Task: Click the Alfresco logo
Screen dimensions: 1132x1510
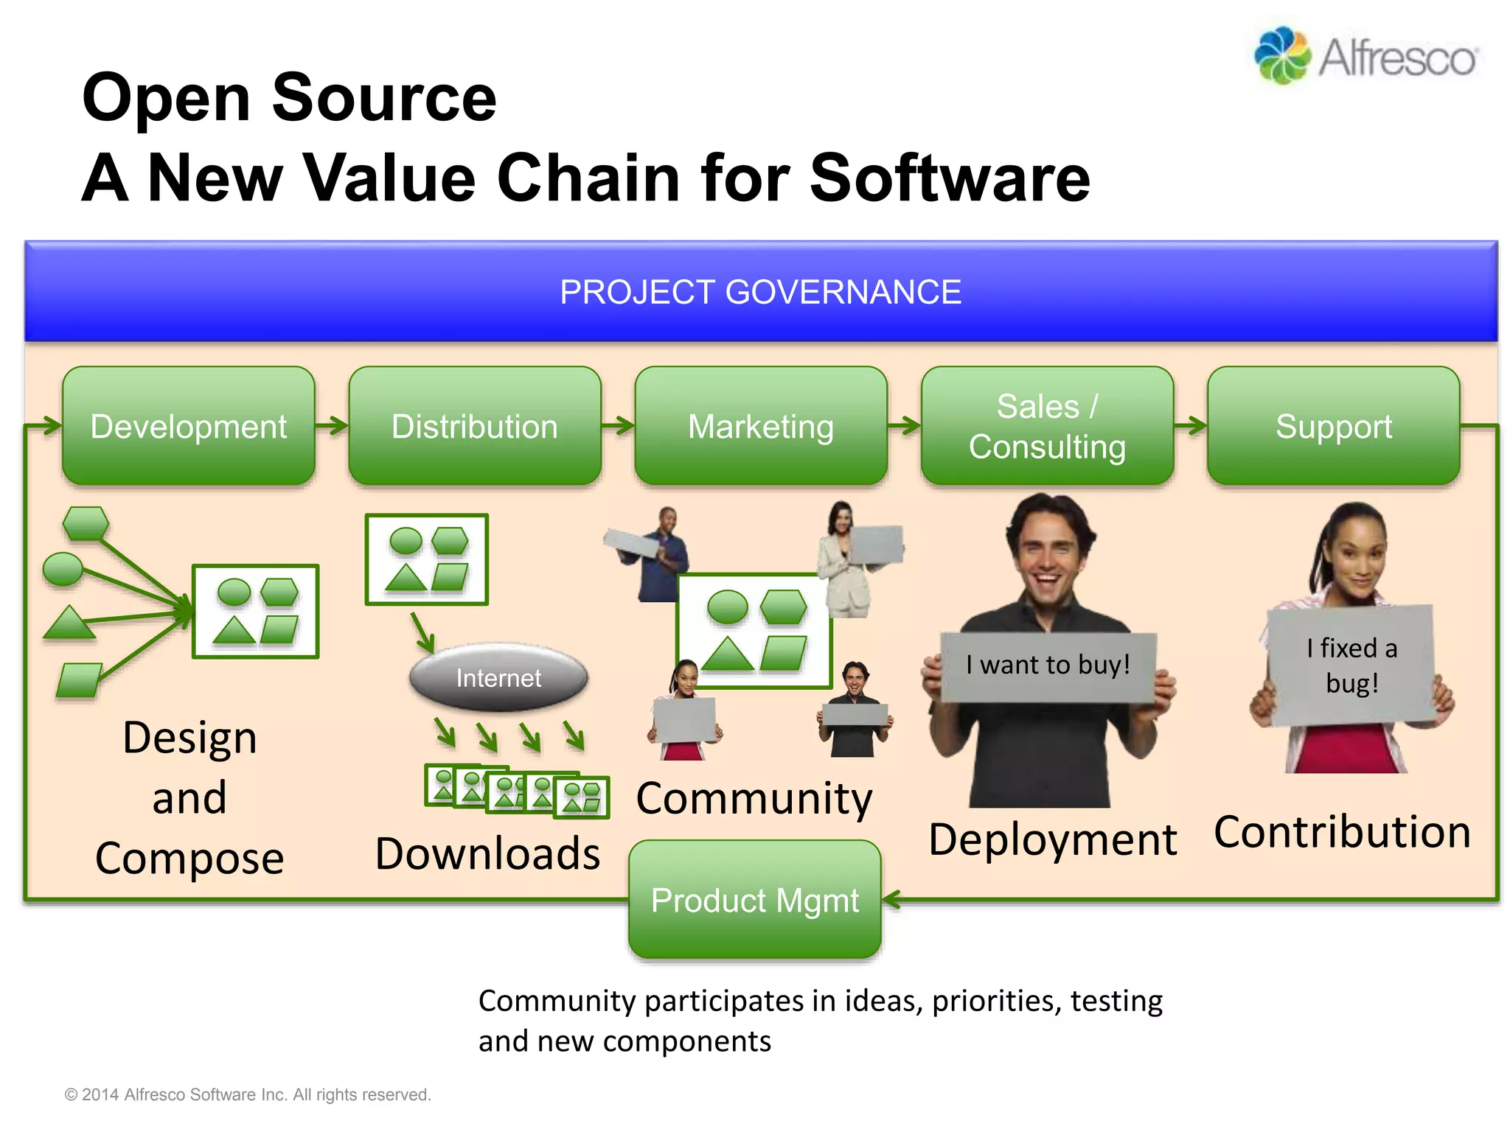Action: point(1366,56)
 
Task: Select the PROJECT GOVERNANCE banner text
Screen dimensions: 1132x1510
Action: point(760,292)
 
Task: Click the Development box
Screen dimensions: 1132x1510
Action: point(189,426)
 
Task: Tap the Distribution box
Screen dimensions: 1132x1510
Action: point(475,426)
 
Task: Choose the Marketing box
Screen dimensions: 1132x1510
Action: point(760,426)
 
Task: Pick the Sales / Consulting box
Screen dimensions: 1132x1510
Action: point(1047,426)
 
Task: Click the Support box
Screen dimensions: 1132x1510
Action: point(1333,426)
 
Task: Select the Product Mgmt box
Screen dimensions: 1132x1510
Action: point(755,900)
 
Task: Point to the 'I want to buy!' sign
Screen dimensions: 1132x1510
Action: point(1048,665)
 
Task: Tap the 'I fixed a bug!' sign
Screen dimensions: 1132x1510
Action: point(1351,665)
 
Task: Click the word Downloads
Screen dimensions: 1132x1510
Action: point(487,853)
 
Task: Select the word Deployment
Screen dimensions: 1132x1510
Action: point(1052,839)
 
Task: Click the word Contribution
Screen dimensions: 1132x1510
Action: point(1342,832)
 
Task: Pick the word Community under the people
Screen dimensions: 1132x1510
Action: point(754,798)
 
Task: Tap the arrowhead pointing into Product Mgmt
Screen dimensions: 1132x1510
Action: point(891,899)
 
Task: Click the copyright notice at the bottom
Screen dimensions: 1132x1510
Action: point(248,1094)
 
